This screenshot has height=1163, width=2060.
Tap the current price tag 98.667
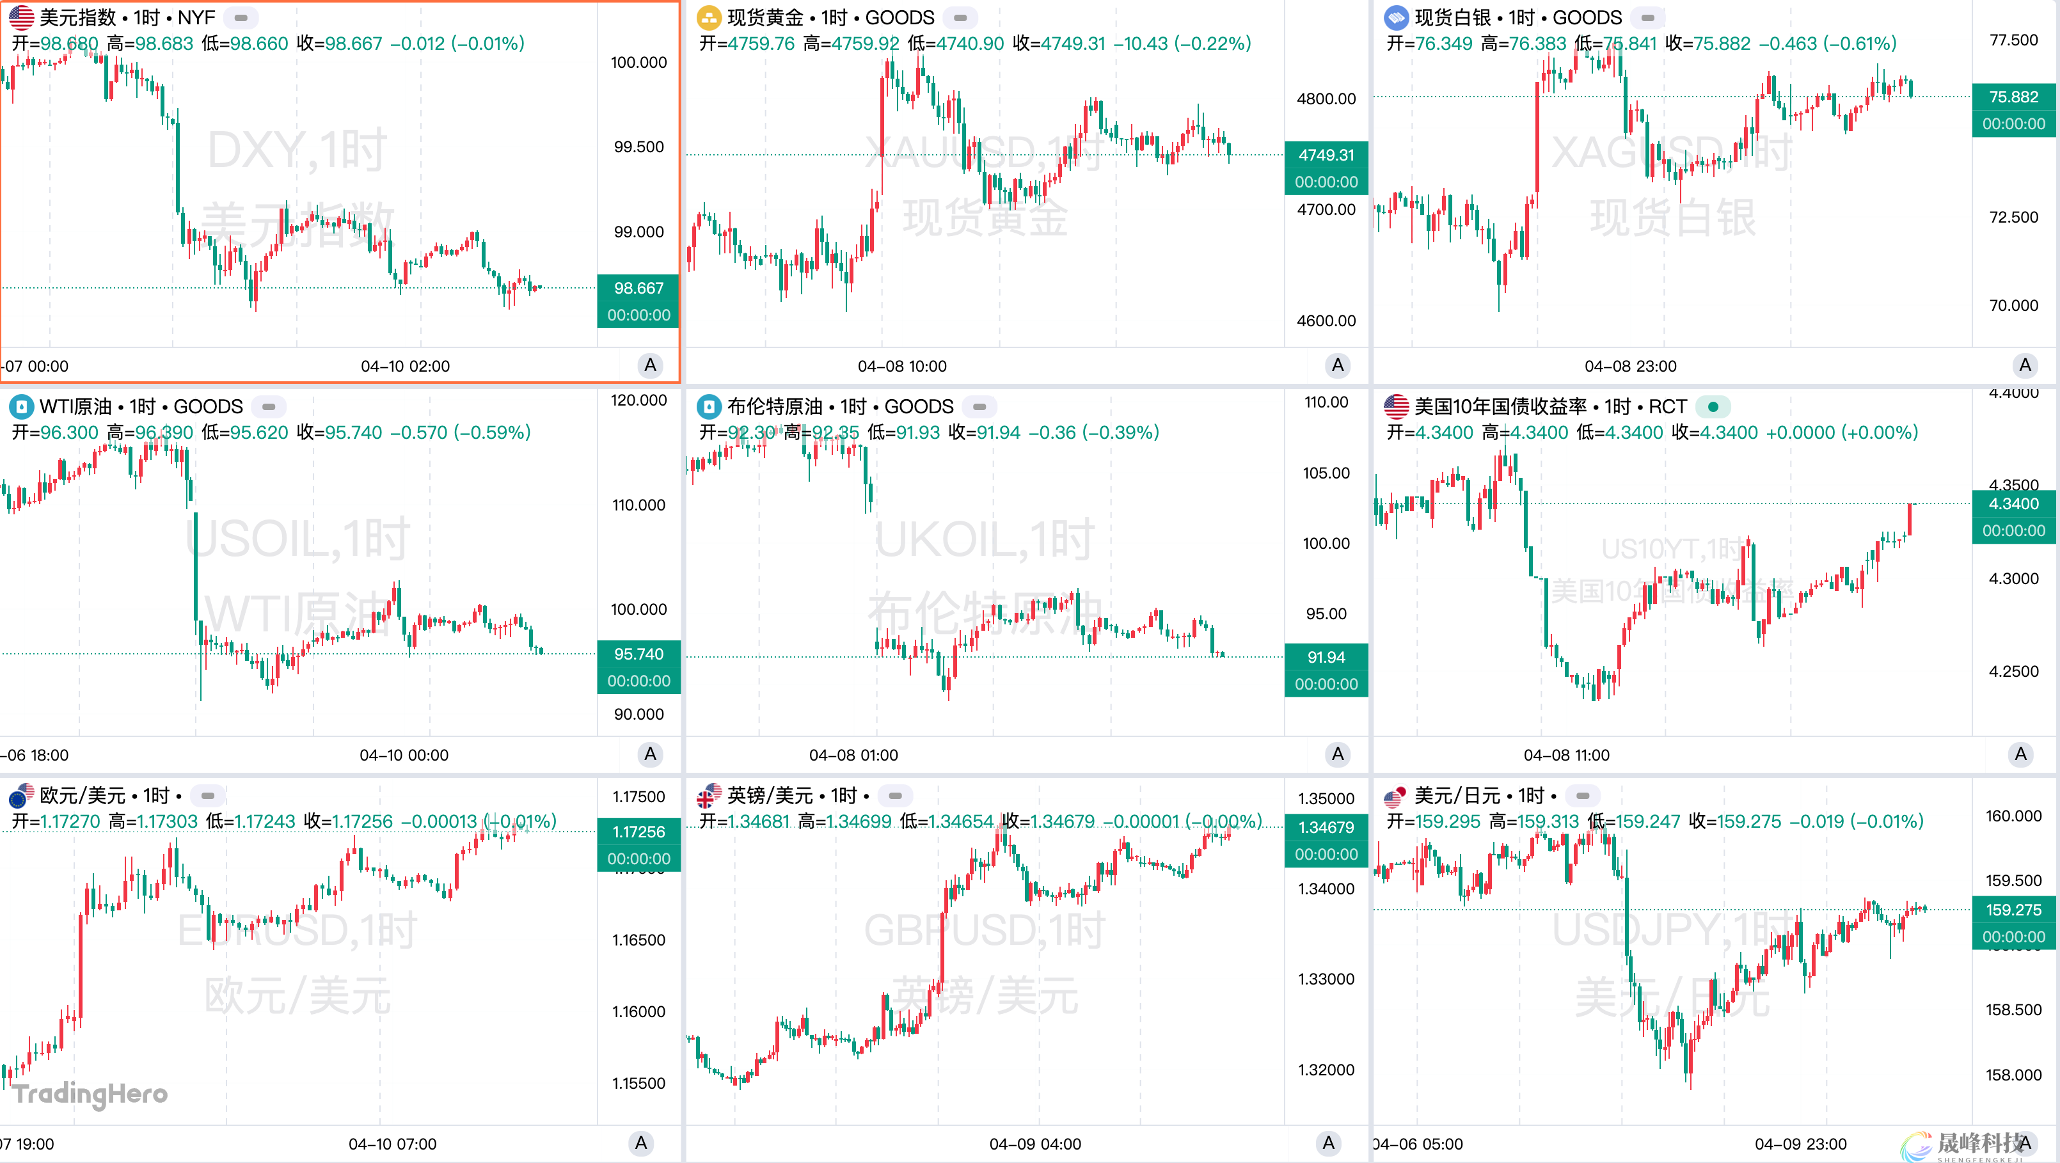[638, 288]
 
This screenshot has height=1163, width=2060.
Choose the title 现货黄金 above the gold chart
[765, 18]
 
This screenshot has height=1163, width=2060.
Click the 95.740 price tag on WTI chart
[638, 654]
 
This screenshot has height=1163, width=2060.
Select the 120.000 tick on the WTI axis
[638, 400]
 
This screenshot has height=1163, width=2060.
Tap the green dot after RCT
[1713, 406]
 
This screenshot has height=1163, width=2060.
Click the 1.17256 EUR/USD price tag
[638, 832]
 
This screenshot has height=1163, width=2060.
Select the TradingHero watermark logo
[90, 1093]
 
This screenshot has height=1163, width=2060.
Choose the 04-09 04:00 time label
[1035, 1144]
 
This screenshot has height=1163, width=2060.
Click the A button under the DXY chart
[650, 365]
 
